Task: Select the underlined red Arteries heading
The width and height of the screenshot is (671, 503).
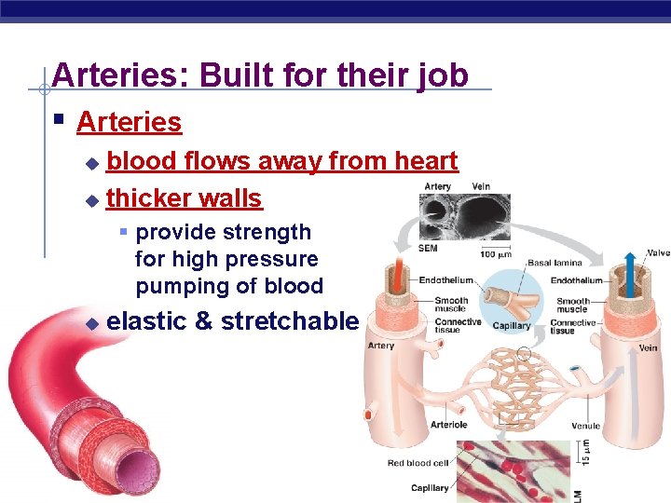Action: [129, 122]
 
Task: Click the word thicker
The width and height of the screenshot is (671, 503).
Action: [144, 198]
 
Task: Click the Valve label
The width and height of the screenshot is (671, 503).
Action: [658, 252]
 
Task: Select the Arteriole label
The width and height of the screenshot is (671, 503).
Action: [448, 425]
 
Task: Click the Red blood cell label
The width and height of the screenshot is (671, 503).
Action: [418, 463]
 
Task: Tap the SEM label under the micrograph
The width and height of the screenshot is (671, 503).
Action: [429, 248]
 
